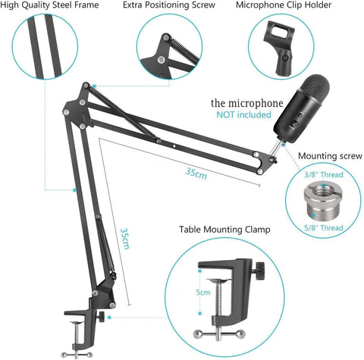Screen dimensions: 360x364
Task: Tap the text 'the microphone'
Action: click(x=247, y=103)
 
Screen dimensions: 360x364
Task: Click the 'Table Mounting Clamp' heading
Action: click(x=224, y=229)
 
